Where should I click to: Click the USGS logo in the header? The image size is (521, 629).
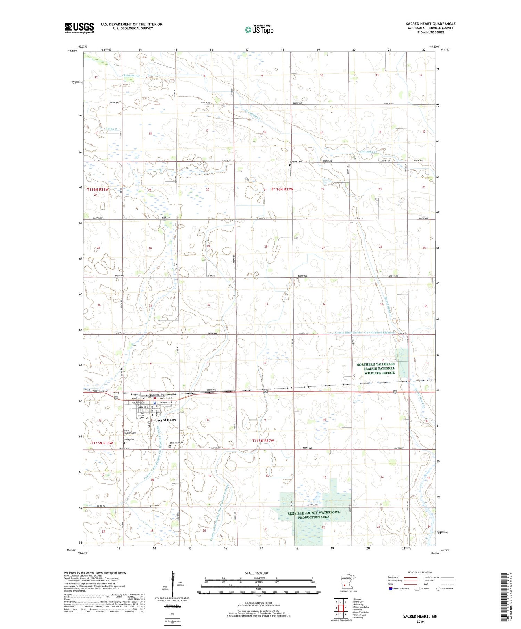(79, 28)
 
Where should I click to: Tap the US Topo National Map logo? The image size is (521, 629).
(259, 29)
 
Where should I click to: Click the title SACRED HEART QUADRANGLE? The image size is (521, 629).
(430, 24)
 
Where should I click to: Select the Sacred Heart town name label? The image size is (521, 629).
(166, 420)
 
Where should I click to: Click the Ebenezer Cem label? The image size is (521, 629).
(176, 443)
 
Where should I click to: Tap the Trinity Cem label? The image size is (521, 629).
(129, 440)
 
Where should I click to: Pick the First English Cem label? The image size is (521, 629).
(130, 432)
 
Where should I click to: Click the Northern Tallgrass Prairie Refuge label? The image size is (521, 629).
(375, 368)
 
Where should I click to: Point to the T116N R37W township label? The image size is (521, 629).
(282, 189)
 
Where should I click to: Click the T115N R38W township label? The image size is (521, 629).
(102, 443)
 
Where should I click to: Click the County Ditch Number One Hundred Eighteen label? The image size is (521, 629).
(364, 332)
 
